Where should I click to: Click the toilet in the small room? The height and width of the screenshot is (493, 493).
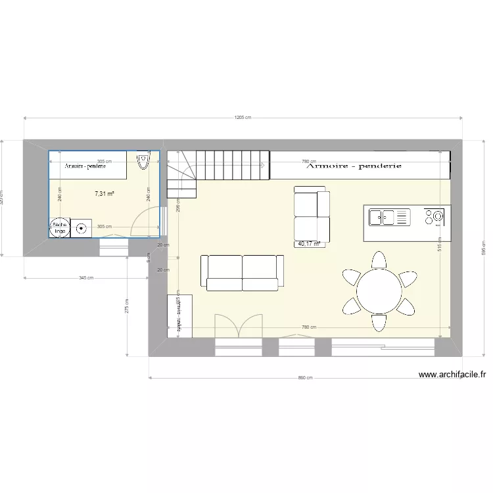pos(143,162)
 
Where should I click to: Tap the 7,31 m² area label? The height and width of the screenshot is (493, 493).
pos(105,194)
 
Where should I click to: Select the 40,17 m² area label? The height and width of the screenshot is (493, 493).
pos(309,244)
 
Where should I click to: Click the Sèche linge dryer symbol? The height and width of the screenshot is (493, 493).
pos(60,227)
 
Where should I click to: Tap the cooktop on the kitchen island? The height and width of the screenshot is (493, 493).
pos(434,216)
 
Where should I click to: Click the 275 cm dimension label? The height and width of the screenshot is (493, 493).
pos(127,306)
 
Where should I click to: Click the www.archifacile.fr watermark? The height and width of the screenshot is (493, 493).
pos(453,375)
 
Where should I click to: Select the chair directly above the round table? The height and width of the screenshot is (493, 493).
pos(379,260)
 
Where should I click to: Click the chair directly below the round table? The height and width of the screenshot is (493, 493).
pos(379,322)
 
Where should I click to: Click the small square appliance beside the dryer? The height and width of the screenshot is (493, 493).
pos(82,228)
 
